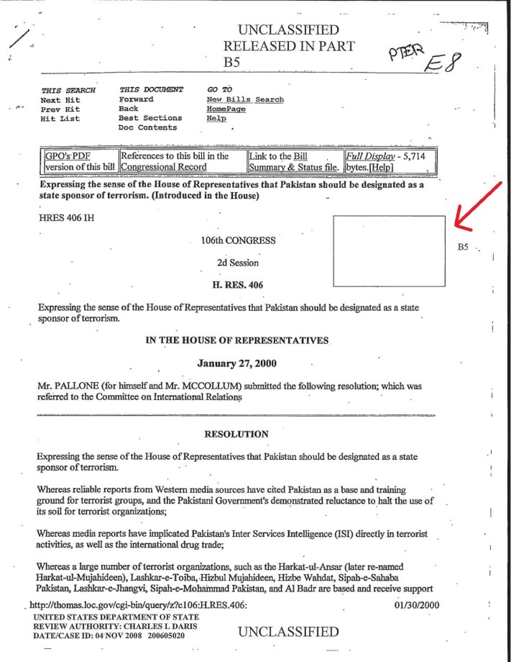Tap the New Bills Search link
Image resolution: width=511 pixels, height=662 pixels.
[x=245, y=99]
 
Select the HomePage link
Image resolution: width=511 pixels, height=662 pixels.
[x=226, y=109]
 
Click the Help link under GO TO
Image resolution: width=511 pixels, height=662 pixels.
[x=216, y=118]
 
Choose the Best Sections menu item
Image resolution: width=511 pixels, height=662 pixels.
[x=150, y=118]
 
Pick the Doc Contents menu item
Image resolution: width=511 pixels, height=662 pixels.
[x=147, y=127]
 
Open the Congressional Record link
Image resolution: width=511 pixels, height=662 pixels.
[x=165, y=168]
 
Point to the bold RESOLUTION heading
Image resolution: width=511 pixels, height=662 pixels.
[x=236, y=434]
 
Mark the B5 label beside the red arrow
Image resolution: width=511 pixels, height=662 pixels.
[x=464, y=248]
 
